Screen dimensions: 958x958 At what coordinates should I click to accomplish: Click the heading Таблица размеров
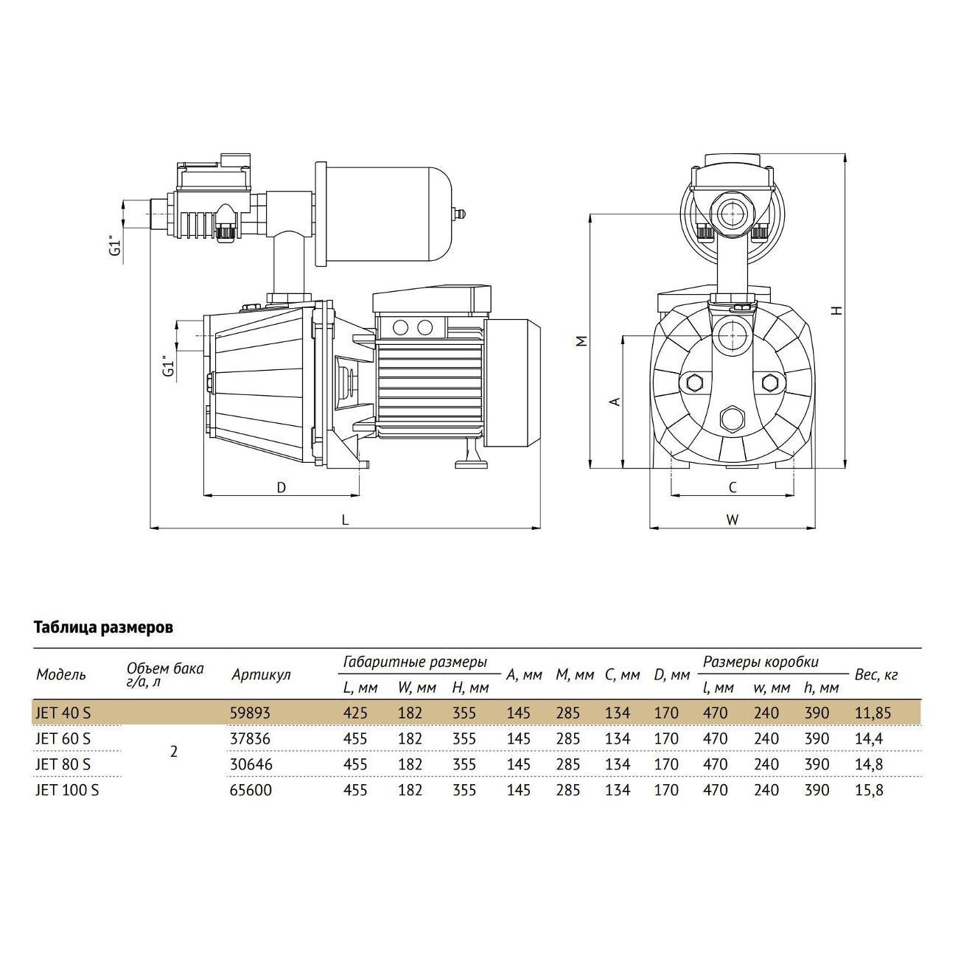(104, 628)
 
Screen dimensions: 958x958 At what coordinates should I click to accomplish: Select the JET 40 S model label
(63, 713)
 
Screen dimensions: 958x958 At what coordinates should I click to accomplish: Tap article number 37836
(250, 738)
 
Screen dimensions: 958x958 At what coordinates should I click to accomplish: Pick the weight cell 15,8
(869, 790)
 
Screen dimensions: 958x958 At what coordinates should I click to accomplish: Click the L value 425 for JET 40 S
(355, 713)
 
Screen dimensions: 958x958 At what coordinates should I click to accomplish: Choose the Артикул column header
(261, 675)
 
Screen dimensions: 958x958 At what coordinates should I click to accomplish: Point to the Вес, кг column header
(876, 675)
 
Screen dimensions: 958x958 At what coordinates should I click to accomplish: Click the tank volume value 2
(173, 752)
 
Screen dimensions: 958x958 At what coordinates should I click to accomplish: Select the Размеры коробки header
(761, 662)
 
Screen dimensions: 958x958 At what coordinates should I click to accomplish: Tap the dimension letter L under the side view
(345, 520)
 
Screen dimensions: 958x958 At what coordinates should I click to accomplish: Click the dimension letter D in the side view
(282, 488)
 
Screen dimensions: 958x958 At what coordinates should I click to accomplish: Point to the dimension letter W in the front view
(733, 520)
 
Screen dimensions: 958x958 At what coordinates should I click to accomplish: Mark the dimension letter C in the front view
(733, 488)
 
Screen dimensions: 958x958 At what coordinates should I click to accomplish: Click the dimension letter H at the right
(838, 311)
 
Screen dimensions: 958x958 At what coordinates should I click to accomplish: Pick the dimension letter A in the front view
(615, 401)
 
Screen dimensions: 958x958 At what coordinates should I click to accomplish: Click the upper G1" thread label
(116, 247)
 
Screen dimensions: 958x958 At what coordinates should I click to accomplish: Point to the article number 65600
(251, 790)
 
